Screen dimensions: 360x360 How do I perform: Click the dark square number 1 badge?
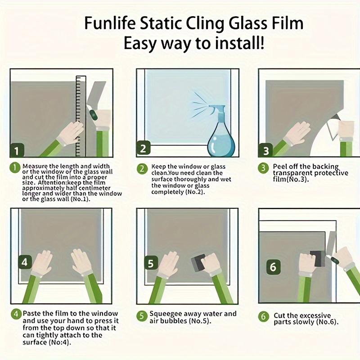pyautogui.click(x=17, y=150)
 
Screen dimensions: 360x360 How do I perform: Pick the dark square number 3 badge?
pyautogui.click(x=265, y=150)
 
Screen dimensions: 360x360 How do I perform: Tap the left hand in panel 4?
pyautogui.click(x=42, y=263)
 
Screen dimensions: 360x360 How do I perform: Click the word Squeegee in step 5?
pyautogui.click(x=168, y=314)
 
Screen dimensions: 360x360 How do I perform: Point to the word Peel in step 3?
pyautogui.click(x=281, y=166)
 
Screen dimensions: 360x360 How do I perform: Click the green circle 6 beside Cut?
pyautogui.click(x=264, y=316)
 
